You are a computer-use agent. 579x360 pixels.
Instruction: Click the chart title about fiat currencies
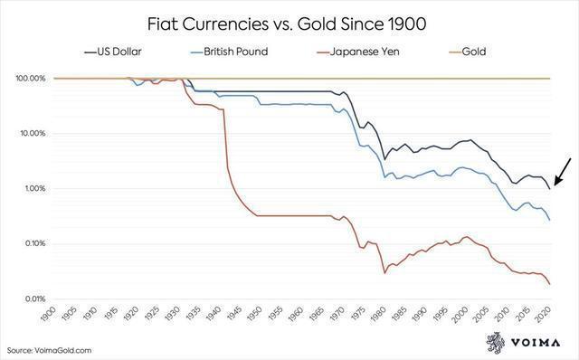289,20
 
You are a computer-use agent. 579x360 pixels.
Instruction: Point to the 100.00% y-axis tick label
32,79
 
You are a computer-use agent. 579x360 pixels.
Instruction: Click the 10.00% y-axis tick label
33,134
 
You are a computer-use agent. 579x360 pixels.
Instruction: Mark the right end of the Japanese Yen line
549,284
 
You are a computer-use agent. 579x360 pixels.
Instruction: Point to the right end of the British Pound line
549,220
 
